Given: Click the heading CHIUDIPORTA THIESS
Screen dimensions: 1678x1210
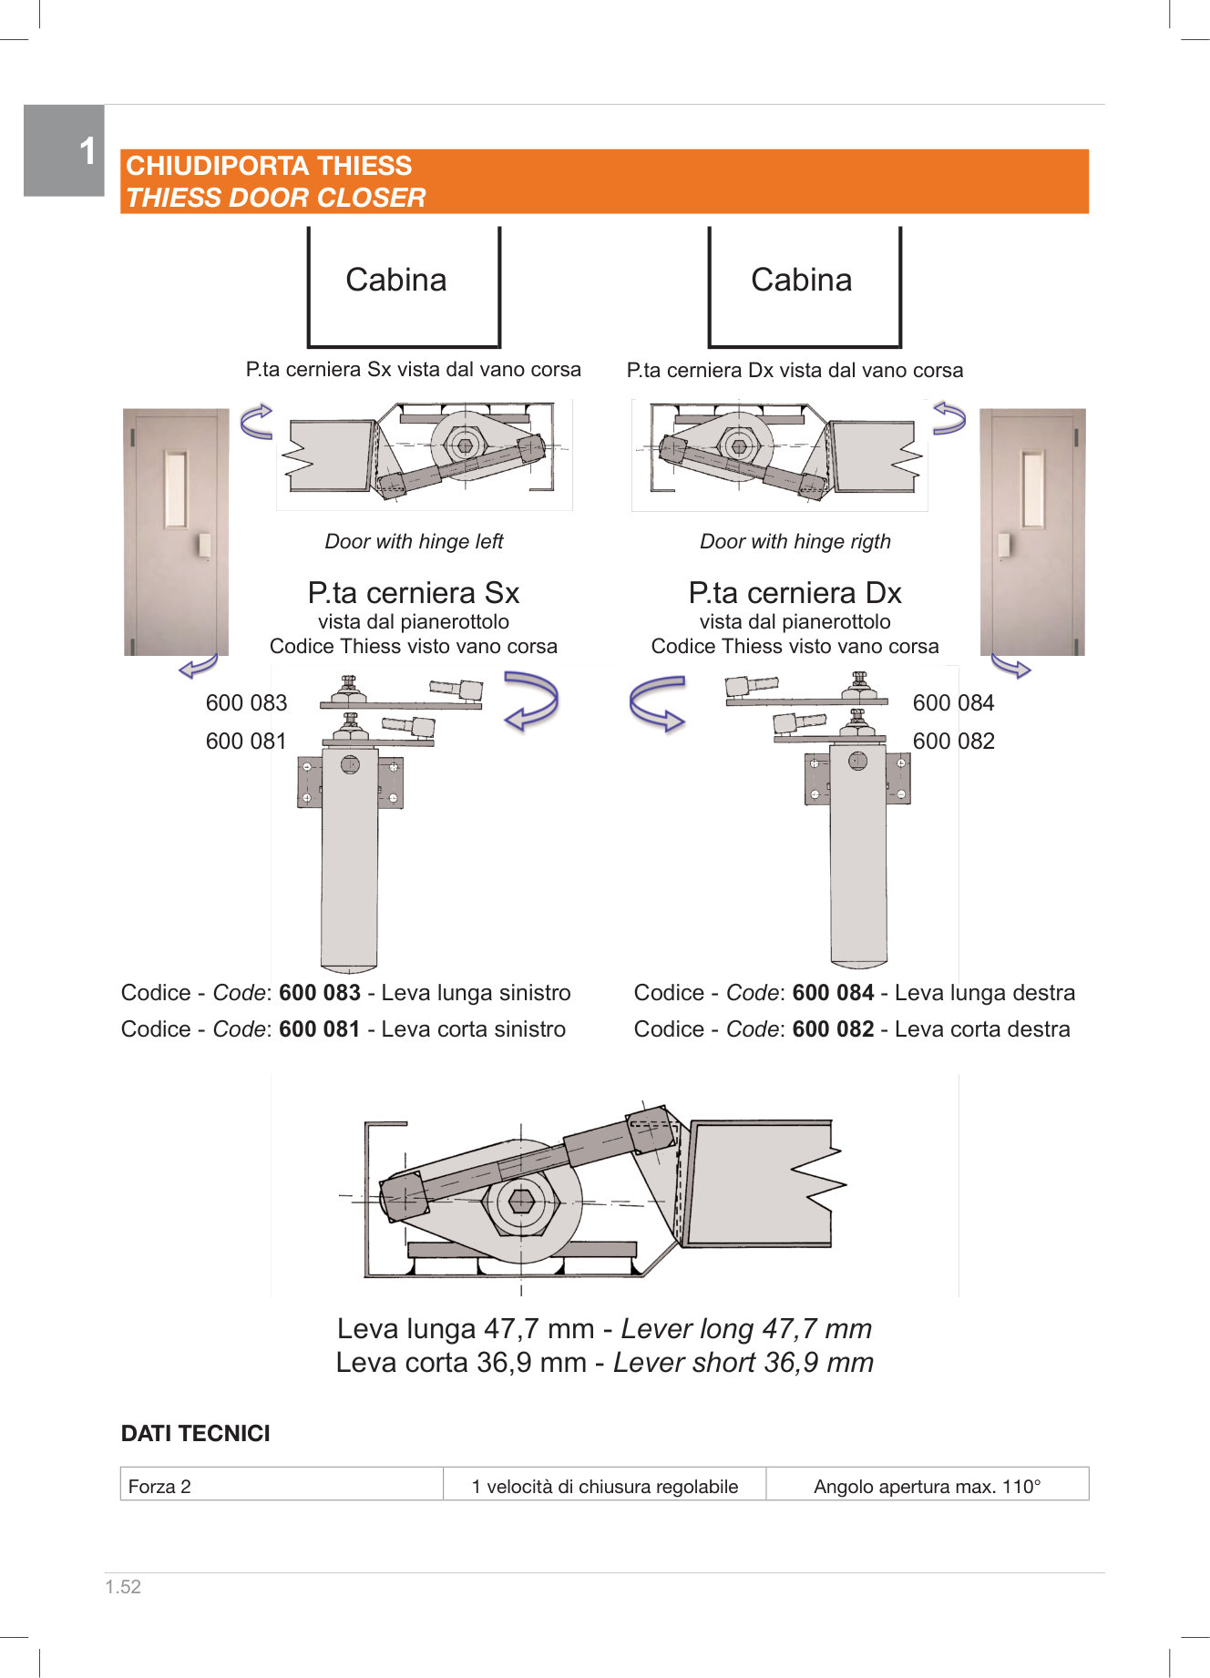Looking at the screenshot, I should tap(269, 166).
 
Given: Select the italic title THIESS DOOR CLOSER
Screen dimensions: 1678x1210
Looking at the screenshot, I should tap(275, 198).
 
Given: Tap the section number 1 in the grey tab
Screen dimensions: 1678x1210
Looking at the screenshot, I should tap(87, 151).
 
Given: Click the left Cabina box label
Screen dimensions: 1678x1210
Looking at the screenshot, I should tap(396, 280).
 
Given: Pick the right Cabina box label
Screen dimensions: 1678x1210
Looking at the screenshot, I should tap(801, 280).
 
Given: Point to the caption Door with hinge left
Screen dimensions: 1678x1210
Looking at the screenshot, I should tap(414, 541).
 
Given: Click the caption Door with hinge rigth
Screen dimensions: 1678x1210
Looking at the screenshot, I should tap(795, 541).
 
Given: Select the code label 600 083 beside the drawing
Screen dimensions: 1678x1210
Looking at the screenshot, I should tap(246, 703).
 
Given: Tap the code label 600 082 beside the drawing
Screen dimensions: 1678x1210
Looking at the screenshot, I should tap(953, 742).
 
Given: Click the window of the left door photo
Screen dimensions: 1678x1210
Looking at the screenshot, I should tap(175, 489).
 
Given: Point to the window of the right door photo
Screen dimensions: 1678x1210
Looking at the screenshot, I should tap(1033, 489).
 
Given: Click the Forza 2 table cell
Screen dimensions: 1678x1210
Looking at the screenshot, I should tap(160, 1487).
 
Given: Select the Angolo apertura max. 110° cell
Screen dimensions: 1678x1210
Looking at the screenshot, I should tap(927, 1487).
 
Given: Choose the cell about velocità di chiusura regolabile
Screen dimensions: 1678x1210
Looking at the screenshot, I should tap(604, 1487).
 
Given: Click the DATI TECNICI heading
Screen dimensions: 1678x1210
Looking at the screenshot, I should tap(196, 1434).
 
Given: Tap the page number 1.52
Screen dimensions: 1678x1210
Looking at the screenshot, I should tap(123, 1587).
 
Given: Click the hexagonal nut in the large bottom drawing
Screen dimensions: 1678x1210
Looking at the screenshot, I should tap(521, 1202).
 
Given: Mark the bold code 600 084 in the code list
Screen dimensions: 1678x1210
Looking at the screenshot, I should tap(833, 993).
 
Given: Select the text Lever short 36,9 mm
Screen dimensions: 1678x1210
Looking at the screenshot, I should tap(743, 1363).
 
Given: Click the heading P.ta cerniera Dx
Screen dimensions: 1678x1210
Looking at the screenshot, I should tap(795, 593).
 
